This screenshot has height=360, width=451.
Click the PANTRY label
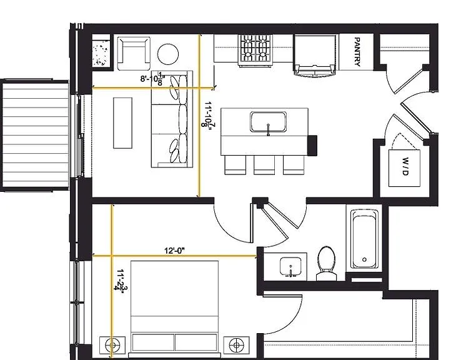(357, 52)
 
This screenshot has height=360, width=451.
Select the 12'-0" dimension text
(174, 251)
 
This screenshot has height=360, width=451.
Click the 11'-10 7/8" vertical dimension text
(209, 114)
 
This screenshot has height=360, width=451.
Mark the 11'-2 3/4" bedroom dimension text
(121, 279)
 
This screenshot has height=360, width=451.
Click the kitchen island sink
(268, 122)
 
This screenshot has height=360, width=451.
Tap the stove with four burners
(255, 50)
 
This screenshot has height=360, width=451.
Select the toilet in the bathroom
(327, 263)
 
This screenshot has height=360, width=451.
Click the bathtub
(364, 239)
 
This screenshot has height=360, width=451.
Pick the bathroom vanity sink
(290, 267)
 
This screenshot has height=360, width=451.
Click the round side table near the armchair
(168, 54)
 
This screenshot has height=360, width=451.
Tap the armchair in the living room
(134, 54)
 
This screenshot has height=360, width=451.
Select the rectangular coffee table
(123, 123)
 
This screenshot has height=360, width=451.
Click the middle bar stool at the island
(264, 165)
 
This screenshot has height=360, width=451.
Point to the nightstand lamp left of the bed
(112, 345)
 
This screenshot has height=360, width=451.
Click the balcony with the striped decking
(35, 135)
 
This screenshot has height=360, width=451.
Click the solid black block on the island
(312, 145)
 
